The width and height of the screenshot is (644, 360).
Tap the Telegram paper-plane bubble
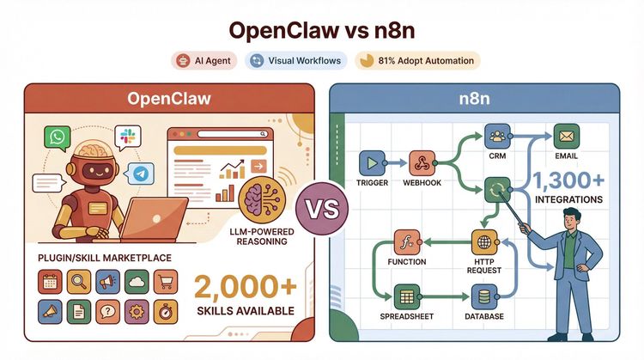click(141, 172)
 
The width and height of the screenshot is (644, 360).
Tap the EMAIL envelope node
click(567, 136)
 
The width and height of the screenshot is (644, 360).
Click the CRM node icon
click(497, 136)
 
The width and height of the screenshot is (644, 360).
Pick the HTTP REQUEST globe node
click(485, 241)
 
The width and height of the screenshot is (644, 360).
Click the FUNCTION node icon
click(405, 241)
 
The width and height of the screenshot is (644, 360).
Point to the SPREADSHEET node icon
click(405, 296)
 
